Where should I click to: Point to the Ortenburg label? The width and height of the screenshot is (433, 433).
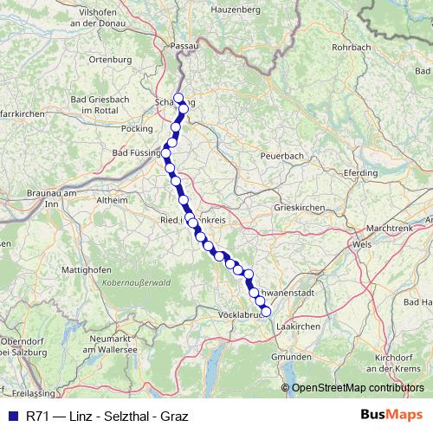tap(111, 60)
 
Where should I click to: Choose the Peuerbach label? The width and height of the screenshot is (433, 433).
tap(282, 156)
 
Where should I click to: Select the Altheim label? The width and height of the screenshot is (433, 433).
tap(111, 199)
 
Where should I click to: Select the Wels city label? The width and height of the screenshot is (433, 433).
tap(363, 244)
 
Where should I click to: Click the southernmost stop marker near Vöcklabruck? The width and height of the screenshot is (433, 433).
tap(266, 312)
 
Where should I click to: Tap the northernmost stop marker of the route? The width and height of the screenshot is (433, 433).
tap(178, 98)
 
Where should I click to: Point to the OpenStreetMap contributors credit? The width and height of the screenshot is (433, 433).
tap(355, 387)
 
